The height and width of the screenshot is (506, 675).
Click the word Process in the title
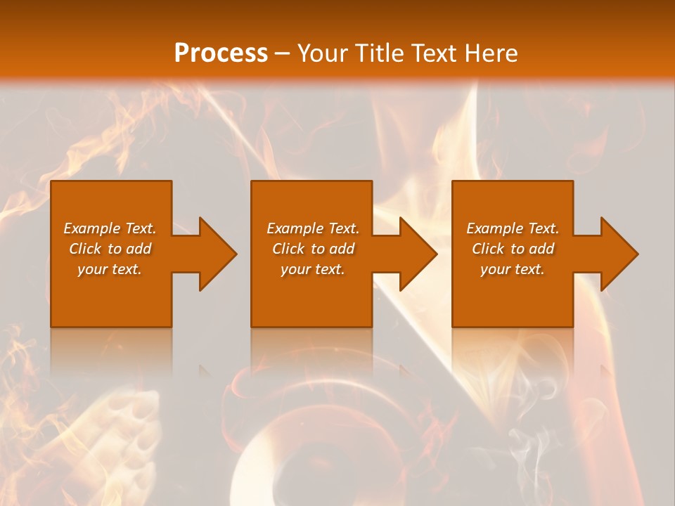pos(221,53)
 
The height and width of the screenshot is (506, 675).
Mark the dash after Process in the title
pos(283,54)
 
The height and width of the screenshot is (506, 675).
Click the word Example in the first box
pos(91,228)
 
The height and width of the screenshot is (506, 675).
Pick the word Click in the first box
pos(86,249)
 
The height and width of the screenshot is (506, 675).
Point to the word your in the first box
pos(91,269)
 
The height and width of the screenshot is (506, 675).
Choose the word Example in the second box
pos(295,228)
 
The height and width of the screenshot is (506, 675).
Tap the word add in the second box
pos(341,249)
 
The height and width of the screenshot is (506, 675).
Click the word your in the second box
pos(295,269)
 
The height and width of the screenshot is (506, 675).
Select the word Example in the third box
pos(494,228)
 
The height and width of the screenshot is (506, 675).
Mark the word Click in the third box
pos(489,249)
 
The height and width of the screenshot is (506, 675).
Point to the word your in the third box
pos(494,269)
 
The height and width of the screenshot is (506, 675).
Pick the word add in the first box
pos(139,249)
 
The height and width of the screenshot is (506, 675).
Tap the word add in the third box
pos(541,249)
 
